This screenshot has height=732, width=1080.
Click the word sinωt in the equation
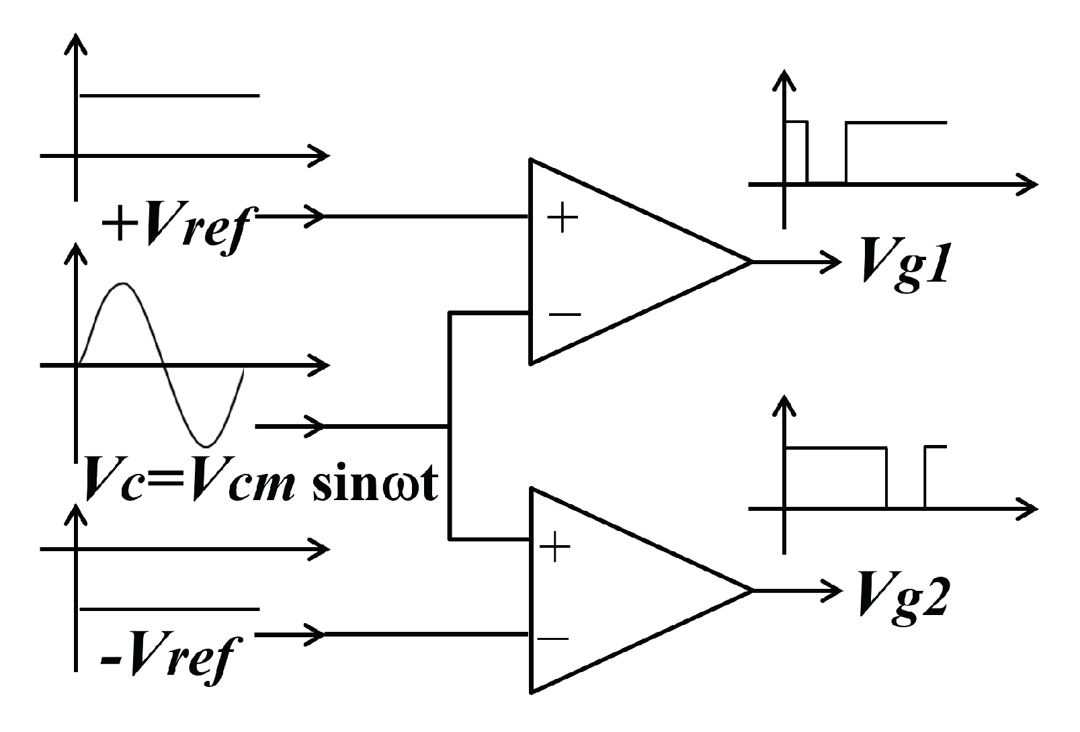tap(375, 483)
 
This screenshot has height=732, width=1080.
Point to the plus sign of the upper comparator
tap(562, 218)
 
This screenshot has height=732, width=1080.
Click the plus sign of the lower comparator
tap(554, 548)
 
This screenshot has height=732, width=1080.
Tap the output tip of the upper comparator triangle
tap(751, 261)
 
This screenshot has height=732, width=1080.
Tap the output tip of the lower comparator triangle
tap(751, 590)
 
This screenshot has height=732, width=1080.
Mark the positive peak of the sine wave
tap(122, 284)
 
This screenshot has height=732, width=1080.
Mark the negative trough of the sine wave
tap(206, 446)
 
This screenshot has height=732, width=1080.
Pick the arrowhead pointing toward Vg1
tap(833, 261)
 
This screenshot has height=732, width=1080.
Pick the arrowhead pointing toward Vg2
tap(833, 590)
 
